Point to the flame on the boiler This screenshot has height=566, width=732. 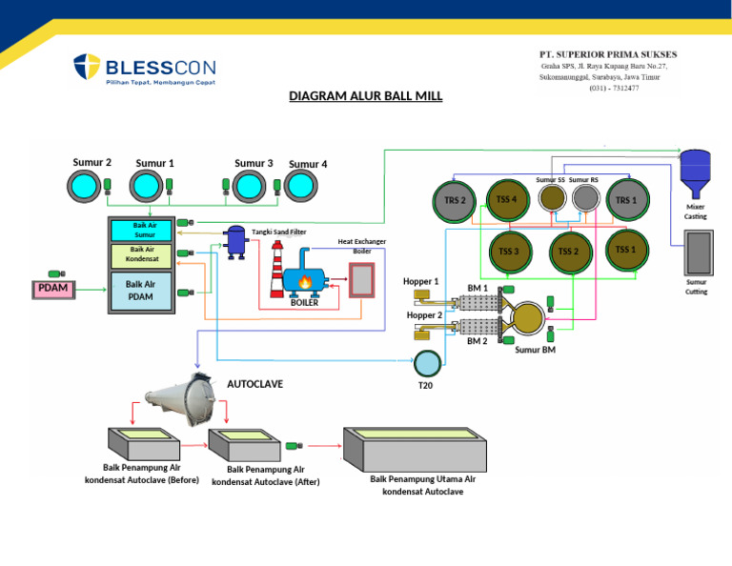pyautogui.click(x=305, y=282)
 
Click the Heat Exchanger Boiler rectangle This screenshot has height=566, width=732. pyautogui.click(x=362, y=279)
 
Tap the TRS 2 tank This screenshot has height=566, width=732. pyautogui.click(x=455, y=201)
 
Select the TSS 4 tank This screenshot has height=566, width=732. pyautogui.click(x=507, y=199)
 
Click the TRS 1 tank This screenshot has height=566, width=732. pyautogui.click(x=625, y=200)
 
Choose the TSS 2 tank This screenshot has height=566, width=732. pyautogui.click(x=568, y=251)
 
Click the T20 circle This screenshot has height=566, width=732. pyautogui.click(x=427, y=363)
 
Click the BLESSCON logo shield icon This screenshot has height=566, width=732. pyautogui.click(x=87, y=69)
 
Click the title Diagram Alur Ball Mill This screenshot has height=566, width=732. pyautogui.click(x=365, y=96)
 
